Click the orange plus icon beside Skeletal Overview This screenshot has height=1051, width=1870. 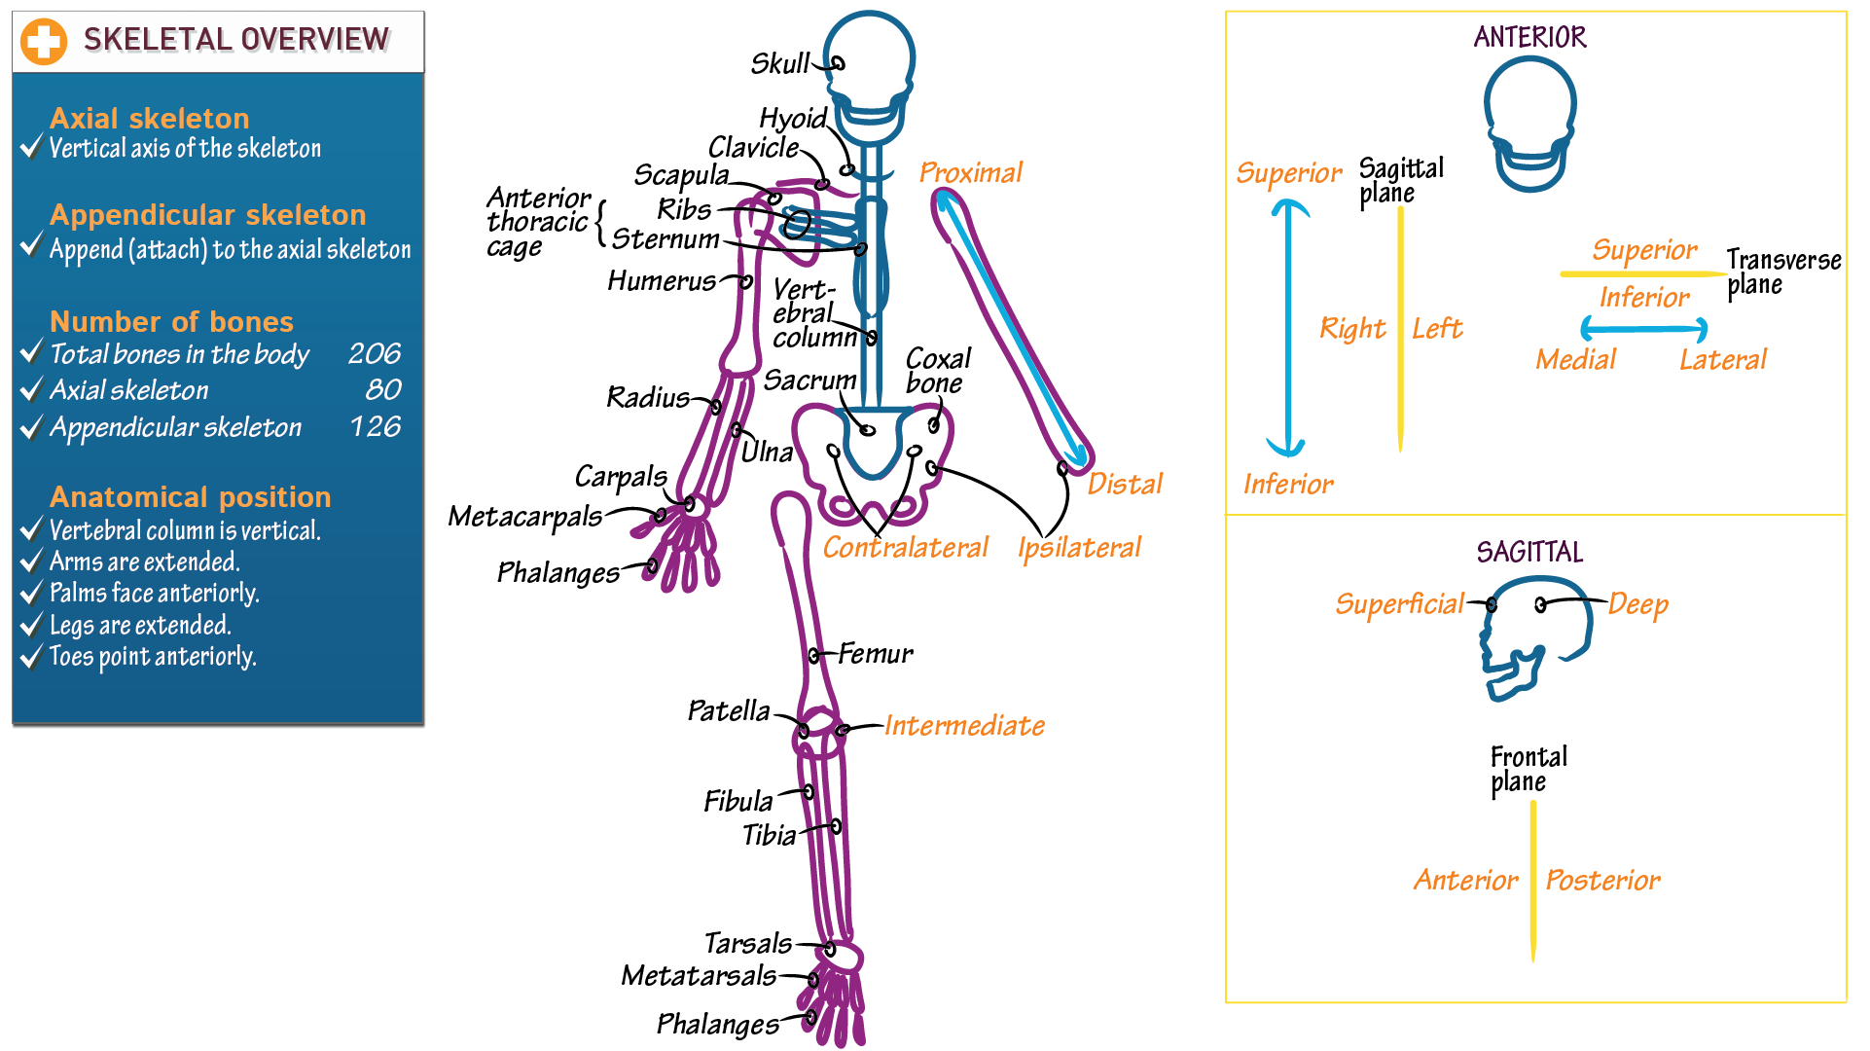[44, 42]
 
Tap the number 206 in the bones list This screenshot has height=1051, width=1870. [375, 353]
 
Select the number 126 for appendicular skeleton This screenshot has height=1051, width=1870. [376, 426]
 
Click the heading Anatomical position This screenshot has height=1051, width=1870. [191, 496]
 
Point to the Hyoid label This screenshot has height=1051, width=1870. [792, 119]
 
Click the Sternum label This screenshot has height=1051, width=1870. [665, 238]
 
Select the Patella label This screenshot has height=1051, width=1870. [729, 710]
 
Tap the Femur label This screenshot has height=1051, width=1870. [876, 653]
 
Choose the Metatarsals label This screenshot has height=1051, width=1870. [699, 975]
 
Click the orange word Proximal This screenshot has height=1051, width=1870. [970, 172]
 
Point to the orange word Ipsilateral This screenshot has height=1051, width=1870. [1079, 548]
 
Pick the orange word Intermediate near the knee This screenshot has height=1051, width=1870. [964, 725]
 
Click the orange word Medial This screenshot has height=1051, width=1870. [1575, 360]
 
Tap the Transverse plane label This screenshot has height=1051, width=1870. [1782, 272]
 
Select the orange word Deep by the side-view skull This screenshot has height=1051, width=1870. [1638, 604]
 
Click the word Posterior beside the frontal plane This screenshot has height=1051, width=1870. [1602, 881]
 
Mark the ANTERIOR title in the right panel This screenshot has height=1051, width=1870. [1529, 37]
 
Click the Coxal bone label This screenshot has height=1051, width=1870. [937, 371]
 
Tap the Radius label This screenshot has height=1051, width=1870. [648, 397]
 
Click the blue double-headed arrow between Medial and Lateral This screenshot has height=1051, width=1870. [1643, 328]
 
